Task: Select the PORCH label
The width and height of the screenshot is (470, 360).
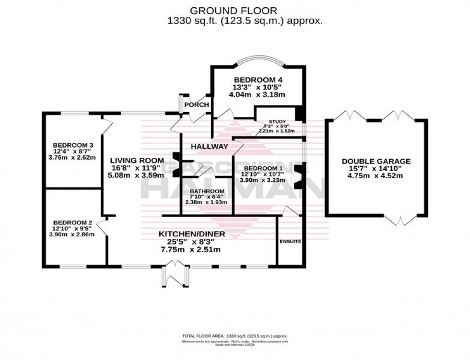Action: coord(197,105)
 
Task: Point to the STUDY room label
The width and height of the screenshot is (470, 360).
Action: coord(277,121)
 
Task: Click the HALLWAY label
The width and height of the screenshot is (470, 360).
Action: coord(209,146)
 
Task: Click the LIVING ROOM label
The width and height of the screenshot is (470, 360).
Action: coord(134,160)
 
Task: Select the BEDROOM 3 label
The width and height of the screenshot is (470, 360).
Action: coord(73,145)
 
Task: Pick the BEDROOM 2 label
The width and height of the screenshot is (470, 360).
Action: coord(73,222)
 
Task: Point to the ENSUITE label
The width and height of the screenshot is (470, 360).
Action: coord(291,242)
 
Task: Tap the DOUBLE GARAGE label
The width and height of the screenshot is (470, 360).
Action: coord(376,161)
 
